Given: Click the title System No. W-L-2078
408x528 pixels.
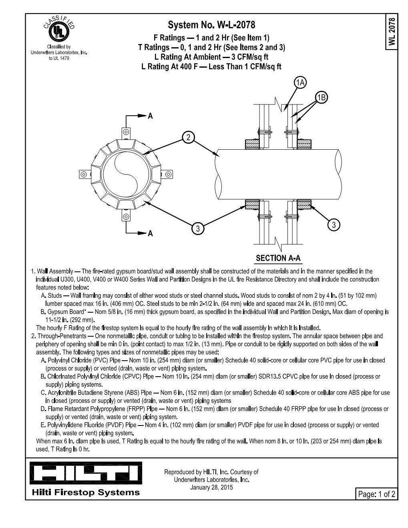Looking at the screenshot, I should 211,25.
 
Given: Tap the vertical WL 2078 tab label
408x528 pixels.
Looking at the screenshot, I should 392,32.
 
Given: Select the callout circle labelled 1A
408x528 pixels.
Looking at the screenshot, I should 300,82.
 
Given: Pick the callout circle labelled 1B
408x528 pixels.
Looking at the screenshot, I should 322,97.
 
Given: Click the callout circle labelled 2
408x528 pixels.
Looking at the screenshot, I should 188,137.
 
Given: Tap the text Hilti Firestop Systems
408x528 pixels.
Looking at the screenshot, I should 86,492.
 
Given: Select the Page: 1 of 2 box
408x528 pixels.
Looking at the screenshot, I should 376,494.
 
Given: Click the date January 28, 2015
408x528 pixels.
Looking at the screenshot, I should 211,487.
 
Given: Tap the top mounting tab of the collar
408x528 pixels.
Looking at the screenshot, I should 126,132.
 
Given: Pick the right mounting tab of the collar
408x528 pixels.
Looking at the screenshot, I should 168,174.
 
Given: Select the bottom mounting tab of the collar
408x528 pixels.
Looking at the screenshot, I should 126,217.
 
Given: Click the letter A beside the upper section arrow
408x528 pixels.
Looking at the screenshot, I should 151,116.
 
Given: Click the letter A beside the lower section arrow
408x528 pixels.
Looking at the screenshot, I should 151,233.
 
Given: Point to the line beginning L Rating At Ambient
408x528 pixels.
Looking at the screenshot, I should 211,57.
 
